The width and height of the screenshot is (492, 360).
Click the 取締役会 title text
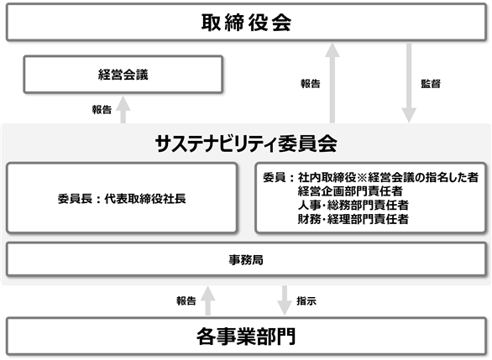pos(246,23)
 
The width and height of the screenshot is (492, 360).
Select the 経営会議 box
pos(123,75)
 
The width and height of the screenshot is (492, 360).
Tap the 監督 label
pos(431,84)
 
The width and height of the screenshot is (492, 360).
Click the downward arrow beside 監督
pos(409,83)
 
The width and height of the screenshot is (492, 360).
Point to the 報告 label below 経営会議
pos(102,110)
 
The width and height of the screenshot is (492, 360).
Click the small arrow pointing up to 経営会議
pos(123,109)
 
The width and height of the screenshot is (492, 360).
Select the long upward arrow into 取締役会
pos(332,83)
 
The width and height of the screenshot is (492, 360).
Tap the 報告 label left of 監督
pos(311,84)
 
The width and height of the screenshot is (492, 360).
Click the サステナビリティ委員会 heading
pos(246,143)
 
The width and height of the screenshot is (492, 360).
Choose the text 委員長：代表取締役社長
pos(122,199)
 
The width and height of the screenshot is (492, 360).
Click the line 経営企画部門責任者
pos(350,191)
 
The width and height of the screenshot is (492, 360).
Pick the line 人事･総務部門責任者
pos(353,206)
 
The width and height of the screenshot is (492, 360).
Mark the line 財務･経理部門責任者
pos(353,219)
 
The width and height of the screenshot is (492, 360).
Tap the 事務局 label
pos(246,260)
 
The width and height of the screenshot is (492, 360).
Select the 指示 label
pos(306,301)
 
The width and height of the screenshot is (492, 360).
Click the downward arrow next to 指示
pos(285,300)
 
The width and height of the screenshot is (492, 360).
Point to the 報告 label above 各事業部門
pos(186,301)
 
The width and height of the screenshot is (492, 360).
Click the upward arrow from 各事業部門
pos(207,300)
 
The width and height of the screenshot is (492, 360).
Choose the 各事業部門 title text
pos(246,337)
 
